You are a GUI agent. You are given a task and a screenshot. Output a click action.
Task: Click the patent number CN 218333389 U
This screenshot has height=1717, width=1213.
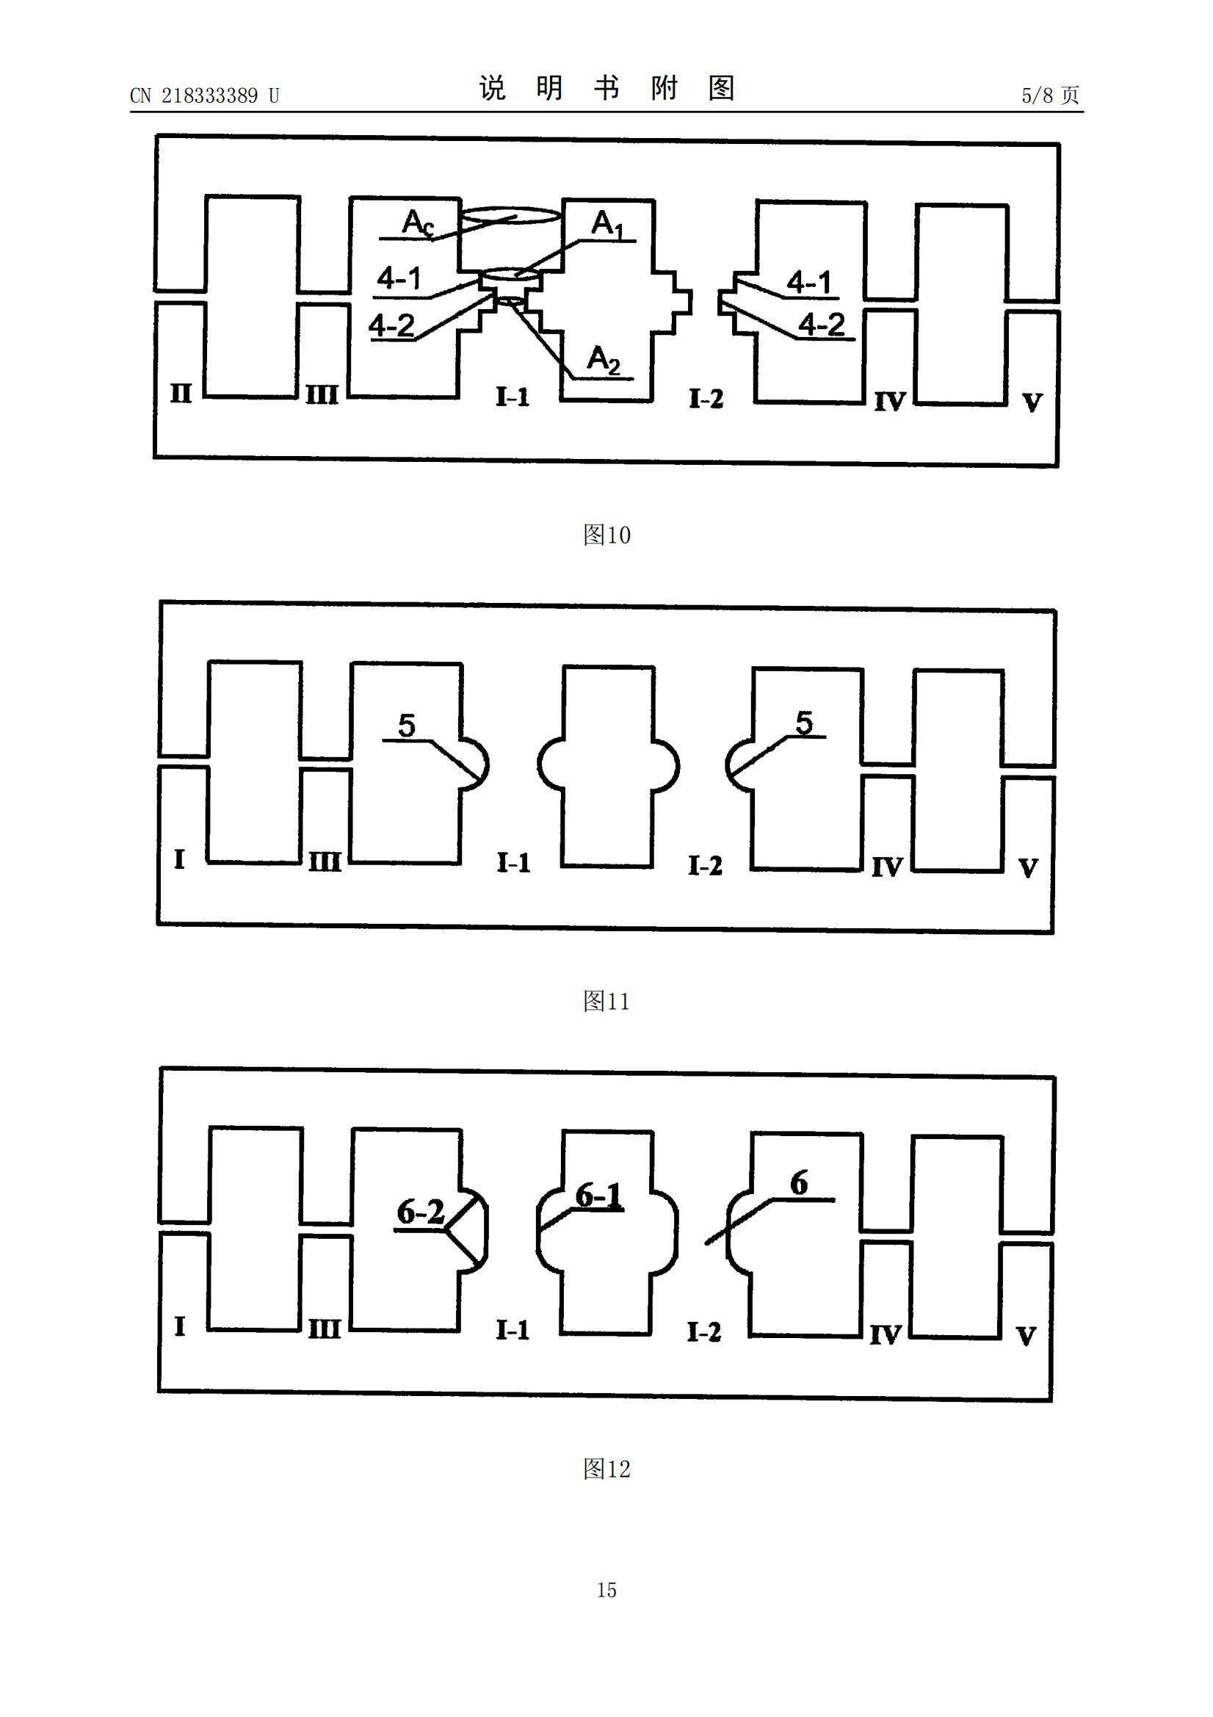[204, 95]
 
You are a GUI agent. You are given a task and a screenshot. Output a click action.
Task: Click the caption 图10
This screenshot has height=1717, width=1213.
[606, 535]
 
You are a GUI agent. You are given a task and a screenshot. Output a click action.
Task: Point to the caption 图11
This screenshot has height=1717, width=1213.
[606, 1001]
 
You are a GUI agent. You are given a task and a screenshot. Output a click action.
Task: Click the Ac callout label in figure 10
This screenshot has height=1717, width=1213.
[417, 223]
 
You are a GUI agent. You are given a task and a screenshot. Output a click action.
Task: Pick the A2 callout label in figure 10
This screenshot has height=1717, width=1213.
[604, 361]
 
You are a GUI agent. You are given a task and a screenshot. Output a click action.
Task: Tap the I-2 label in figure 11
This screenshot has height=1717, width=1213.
[705, 866]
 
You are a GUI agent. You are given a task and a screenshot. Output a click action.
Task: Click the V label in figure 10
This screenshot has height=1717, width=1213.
[1032, 403]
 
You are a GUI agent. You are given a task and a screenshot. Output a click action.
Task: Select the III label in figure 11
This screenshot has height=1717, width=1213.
[325, 864]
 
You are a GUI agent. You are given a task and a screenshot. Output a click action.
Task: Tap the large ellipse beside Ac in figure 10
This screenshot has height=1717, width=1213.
[510, 217]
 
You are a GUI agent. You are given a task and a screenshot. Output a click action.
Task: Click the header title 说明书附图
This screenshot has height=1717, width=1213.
[606, 88]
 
